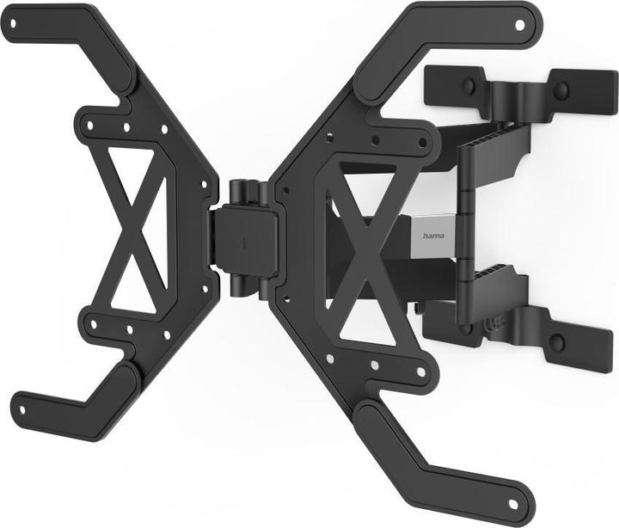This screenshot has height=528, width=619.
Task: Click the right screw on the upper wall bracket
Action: click(561, 89)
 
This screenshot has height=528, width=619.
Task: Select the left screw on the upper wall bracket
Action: click(469, 86)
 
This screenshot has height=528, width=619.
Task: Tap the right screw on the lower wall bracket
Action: click(557, 343)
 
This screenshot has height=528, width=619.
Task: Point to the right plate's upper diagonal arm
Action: click(413, 52)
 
